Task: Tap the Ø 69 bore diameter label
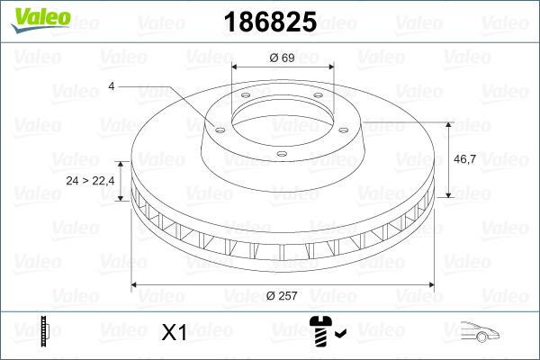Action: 283,58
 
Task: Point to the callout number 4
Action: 111,86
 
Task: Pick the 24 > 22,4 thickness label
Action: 90,181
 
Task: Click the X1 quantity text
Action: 173,334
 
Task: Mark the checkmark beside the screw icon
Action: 339,336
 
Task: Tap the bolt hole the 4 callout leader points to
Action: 218,127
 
